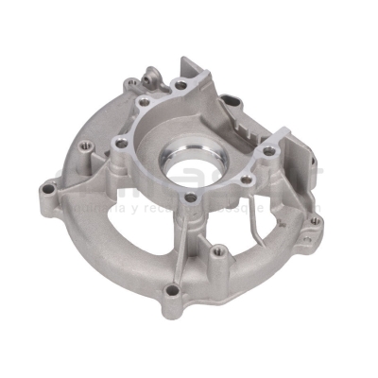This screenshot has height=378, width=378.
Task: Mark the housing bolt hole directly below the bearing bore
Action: (x=192, y=199)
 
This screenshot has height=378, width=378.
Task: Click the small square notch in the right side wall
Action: (x=283, y=161)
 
